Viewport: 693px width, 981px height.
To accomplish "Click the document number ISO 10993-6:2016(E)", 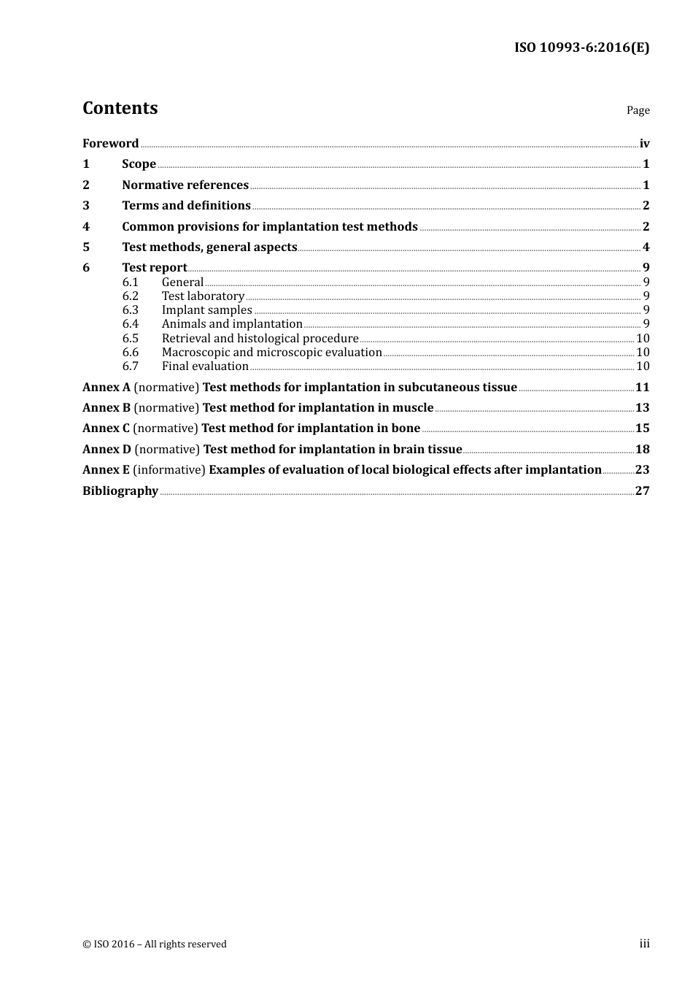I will click(581, 47).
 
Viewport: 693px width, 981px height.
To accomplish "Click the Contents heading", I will click(120, 108).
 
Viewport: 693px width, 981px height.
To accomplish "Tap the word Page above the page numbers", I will click(638, 110).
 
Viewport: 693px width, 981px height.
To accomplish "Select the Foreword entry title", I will click(110, 143).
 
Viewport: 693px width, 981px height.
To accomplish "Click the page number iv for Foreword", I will click(644, 143).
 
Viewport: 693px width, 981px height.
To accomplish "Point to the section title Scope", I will click(139, 164).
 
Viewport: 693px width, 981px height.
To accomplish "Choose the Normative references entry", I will click(185, 185).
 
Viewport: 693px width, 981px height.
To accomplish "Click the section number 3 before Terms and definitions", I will click(86, 206).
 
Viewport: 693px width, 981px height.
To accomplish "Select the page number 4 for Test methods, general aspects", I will click(646, 247).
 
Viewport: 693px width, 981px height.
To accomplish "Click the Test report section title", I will click(155, 268).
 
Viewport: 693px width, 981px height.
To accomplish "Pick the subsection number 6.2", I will click(130, 296).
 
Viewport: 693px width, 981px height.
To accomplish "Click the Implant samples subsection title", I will click(206, 310).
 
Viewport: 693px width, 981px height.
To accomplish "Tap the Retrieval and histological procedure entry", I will click(260, 338).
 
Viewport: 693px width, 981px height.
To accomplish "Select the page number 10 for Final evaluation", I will click(643, 366).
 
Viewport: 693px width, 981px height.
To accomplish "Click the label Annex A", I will click(106, 388).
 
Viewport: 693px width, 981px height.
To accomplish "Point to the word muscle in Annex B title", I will click(413, 408).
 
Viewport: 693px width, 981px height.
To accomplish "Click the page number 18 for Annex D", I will click(642, 450).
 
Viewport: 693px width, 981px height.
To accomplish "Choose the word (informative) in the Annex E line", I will click(169, 470).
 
